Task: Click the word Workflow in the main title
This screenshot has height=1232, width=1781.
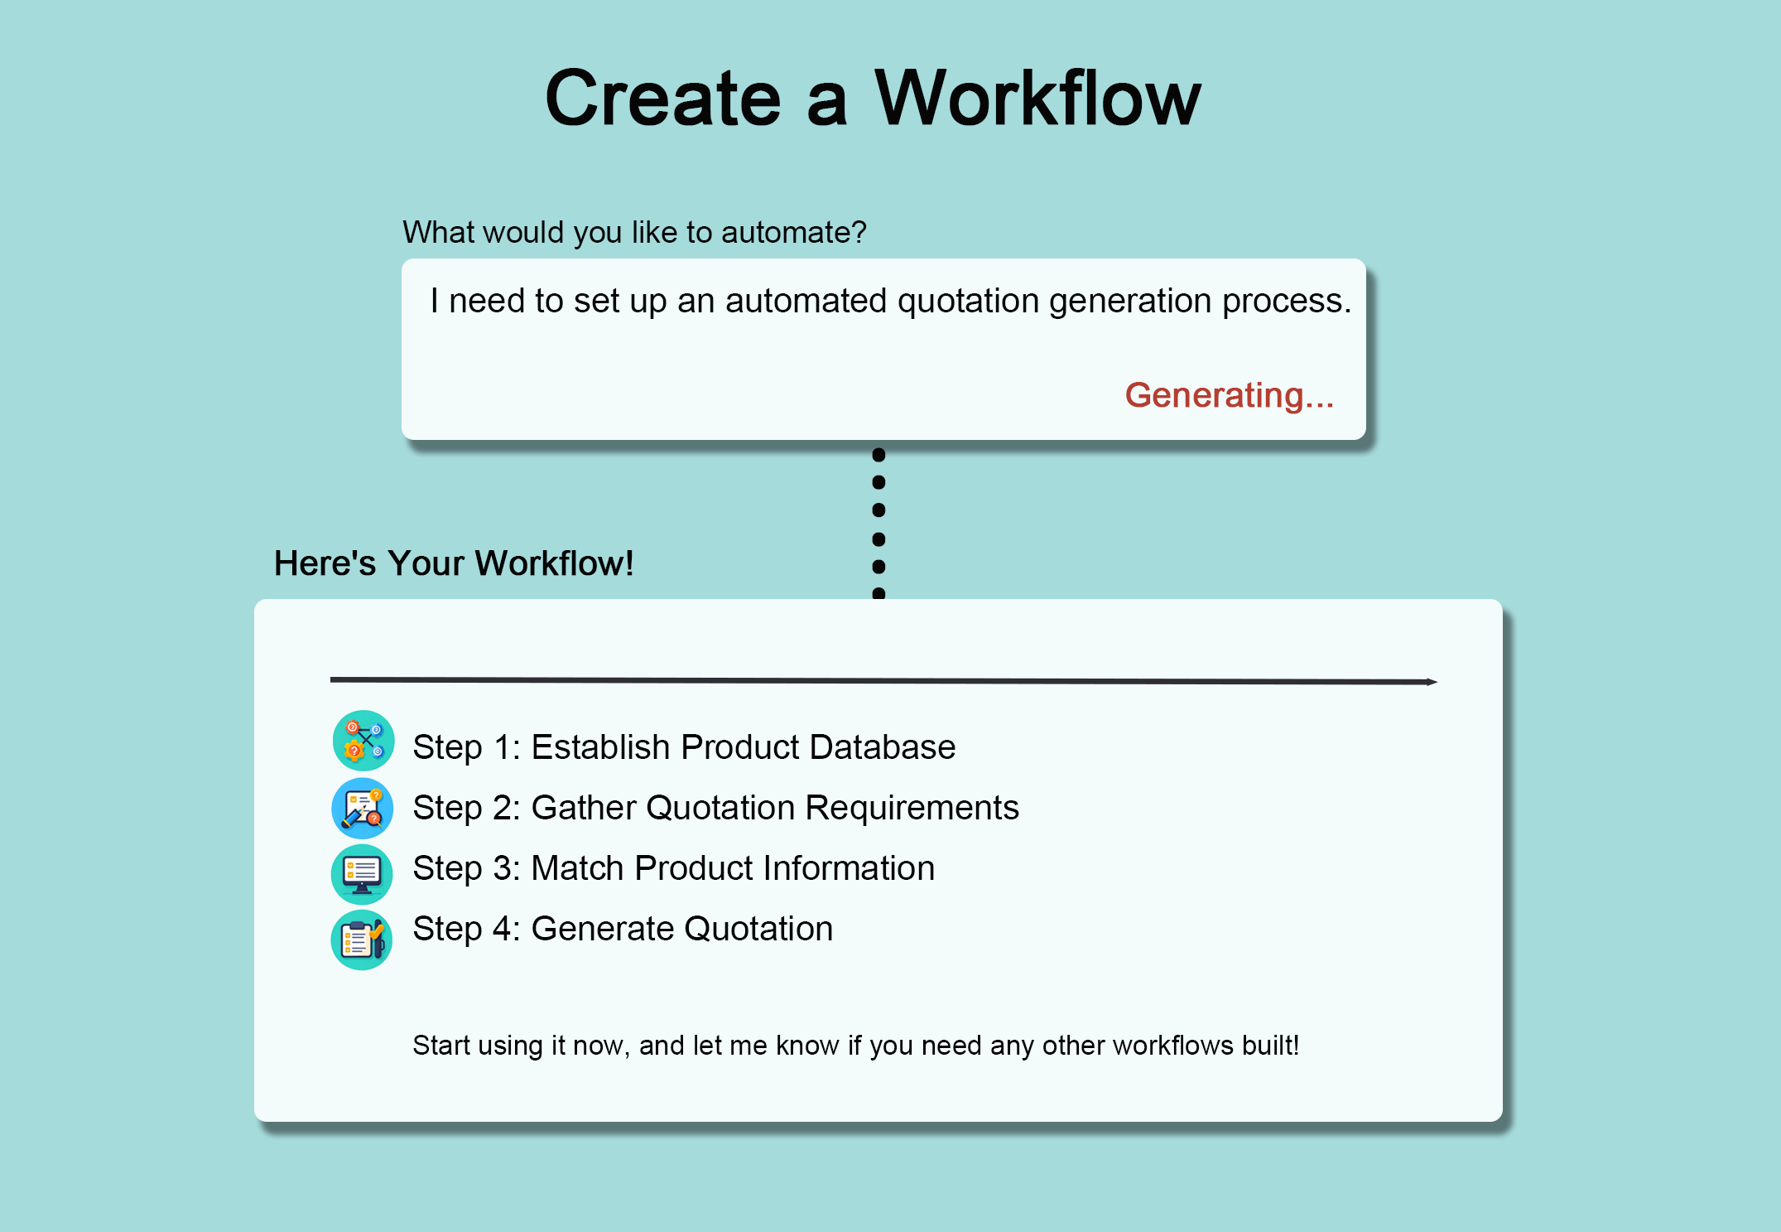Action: pyautogui.click(x=1037, y=99)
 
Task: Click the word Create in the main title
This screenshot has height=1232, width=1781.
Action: pyautogui.click(x=663, y=99)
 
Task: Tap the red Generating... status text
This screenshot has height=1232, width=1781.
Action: pyautogui.click(x=1229, y=395)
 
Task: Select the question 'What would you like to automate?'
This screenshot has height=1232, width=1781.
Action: pyautogui.click(x=634, y=232)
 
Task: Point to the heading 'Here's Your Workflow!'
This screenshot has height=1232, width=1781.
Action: pyautogui.click(x=454, y=563)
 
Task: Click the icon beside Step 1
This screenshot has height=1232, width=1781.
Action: pyautogui.click(x=363, y=741)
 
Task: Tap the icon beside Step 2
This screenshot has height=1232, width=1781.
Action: pyautogui.click(x=363, y=808)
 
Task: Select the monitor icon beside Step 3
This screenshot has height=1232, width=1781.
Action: pyautogui.click(x=362, y=874)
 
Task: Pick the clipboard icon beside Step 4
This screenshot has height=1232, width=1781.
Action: pyautogui.click(x=362, y=940)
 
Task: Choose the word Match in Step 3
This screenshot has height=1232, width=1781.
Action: pyautogui.click(x=577, y=868)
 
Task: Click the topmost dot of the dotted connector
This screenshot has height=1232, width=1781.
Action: pyautogui.click(x=879, y=455)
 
